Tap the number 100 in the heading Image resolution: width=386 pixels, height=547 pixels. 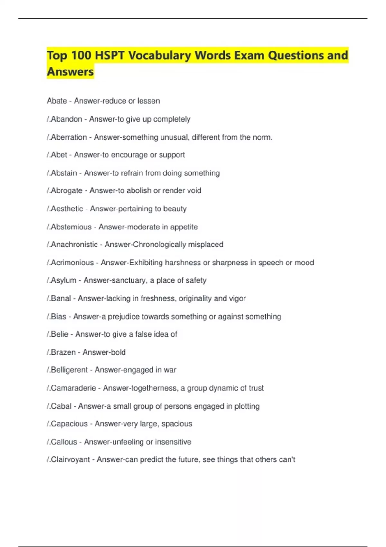81,55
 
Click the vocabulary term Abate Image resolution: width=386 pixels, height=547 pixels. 57,101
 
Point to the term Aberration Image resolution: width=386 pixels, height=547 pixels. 69,137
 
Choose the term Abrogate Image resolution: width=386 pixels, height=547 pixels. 67,191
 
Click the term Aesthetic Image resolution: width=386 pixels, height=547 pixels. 67,209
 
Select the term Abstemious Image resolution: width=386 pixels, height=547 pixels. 71,227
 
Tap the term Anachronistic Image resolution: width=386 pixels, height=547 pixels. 74,245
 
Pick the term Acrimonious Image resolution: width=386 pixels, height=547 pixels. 72,263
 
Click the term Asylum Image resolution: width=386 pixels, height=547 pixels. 64,280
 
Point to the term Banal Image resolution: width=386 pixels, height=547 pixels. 61,299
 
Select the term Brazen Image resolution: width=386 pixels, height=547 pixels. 63,352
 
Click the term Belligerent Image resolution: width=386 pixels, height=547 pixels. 69,370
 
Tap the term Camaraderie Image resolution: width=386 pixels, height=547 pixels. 73,388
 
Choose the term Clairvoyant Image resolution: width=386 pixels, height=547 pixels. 70,459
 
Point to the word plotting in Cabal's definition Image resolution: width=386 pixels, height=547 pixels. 247,406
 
